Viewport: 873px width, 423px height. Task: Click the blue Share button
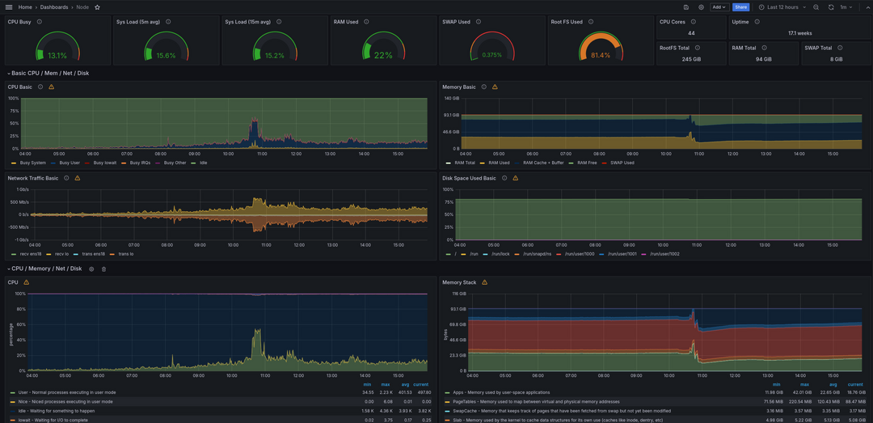740,7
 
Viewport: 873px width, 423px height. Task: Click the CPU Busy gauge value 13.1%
57,56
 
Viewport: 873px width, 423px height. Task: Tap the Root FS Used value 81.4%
601,56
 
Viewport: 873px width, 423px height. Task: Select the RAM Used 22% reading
383,56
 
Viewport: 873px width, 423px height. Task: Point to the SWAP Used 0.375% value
491,56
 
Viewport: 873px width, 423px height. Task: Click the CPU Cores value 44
691,33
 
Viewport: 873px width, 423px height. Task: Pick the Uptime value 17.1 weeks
799,33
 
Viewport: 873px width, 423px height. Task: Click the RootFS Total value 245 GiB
691,59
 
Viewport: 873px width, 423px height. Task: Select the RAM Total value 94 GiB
763,59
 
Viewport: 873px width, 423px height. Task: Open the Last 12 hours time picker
782,7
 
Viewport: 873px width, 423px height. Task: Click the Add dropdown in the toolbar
719,7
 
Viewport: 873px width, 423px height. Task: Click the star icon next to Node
98,7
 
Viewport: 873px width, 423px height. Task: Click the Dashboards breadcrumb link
54,7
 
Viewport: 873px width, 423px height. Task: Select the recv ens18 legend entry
31,254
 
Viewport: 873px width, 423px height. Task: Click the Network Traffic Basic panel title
33,178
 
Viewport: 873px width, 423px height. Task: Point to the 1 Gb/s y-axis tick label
18,189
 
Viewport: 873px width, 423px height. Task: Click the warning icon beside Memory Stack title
484,282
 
